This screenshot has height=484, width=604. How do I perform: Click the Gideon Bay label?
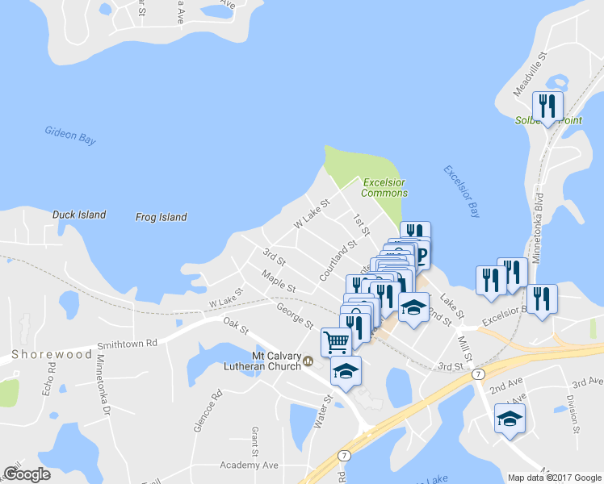tap(70, 135)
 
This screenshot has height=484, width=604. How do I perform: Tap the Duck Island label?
tap(79, 215)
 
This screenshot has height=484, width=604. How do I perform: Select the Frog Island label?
tap(161, 217)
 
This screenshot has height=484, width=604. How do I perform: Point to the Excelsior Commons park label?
tap(384, 187)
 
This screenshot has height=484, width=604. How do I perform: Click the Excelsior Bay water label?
tap(461, 192)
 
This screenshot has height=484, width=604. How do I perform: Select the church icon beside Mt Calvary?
tap(308, 362)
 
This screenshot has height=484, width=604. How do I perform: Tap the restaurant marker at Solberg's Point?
tap(547, 106)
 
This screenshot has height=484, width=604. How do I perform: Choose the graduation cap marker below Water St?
tap(346, 371)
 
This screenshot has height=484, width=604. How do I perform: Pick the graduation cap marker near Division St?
tap(510, 419)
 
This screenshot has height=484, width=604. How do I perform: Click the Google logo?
tap(27, 474)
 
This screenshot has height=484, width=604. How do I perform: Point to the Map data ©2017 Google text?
tap(554, 478)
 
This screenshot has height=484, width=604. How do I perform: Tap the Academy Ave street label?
tap(250, 465)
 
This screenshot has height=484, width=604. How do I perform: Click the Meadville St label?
tap(531, 73)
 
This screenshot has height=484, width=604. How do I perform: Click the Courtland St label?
tap(338, 261)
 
